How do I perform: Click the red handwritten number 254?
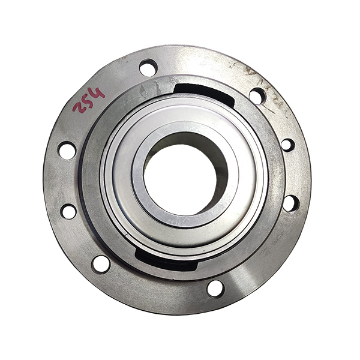click(x=88, y=101)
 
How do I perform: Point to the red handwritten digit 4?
click(x=98, y=93)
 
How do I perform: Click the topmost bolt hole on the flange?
click(x=148, y=68)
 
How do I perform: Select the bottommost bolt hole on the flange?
click(x=215, y=289)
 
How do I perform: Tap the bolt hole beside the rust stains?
click(x=257, y=96)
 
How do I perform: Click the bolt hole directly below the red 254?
click(x=67, y=151)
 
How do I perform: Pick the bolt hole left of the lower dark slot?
click(x=101, y=265)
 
